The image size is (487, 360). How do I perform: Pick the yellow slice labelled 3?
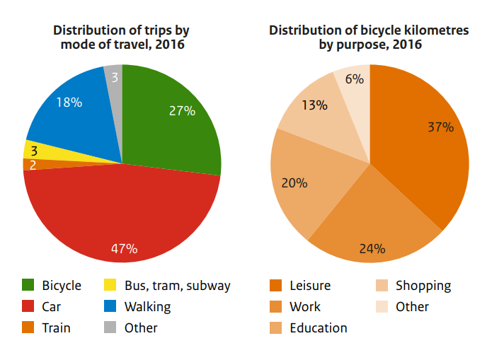coord(47,152)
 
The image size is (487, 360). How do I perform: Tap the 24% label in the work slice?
coord(372,248)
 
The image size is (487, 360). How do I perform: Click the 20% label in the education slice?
coord(294,182)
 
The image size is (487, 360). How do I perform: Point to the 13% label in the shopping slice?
coord(314,105)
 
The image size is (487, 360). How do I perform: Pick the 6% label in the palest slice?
coord(355,79)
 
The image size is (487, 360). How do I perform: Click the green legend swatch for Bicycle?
coord(28,285)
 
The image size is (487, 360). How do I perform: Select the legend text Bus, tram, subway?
coord(178,286)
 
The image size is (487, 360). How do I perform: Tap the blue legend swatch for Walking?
coord(110,306)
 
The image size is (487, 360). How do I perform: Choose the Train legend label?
coord(56,327)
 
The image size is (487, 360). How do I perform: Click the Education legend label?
coord(319,327)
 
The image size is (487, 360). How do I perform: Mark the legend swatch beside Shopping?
coord(382,285)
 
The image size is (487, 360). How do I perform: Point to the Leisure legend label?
coord(310,286)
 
